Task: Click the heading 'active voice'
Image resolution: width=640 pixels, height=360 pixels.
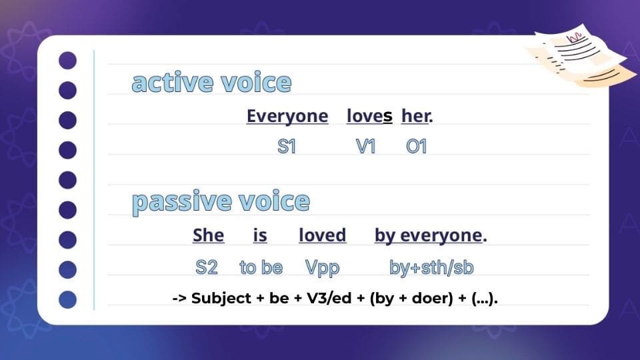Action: coord(211,83)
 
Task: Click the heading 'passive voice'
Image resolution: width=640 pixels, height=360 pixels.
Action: coord(221,201)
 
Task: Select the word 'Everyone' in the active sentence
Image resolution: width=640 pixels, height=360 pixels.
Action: coord(287,116)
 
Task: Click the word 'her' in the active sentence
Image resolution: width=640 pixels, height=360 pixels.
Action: coord(415,116)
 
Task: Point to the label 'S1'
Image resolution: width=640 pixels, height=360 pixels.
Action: coord(287,147)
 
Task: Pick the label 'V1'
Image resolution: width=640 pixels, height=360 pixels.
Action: coord(365,147)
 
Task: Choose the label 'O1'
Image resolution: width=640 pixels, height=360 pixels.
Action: coord(416,147)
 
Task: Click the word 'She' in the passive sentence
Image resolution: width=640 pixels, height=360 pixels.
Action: coord(208,235)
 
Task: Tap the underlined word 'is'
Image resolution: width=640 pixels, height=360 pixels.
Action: coord(260,235)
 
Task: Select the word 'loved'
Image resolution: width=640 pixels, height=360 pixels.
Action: coord(322,235)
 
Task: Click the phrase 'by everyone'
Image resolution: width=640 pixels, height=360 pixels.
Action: coord(428,235)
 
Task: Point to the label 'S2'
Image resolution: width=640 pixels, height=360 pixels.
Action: coord(207,268)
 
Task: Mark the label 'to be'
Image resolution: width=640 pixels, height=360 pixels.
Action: coord(261,268)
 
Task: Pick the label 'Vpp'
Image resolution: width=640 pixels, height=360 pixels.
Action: coord(322,268)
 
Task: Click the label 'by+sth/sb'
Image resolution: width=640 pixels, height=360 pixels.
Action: coord(431,268)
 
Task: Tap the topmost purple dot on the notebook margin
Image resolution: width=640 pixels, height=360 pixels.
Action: coord(68,61)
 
